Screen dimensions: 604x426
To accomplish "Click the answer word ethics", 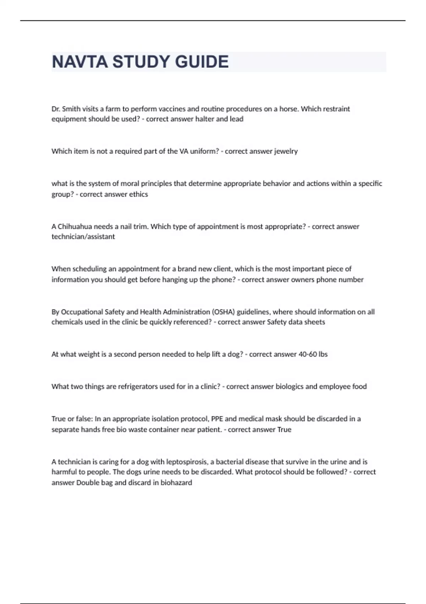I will pos(138,194).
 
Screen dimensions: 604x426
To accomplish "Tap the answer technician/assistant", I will pos(83,237).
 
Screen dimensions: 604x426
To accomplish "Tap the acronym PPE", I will pos(217,419).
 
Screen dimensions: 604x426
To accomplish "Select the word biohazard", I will pos(176,483).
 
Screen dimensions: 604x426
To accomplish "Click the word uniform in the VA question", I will pos(202,151).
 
